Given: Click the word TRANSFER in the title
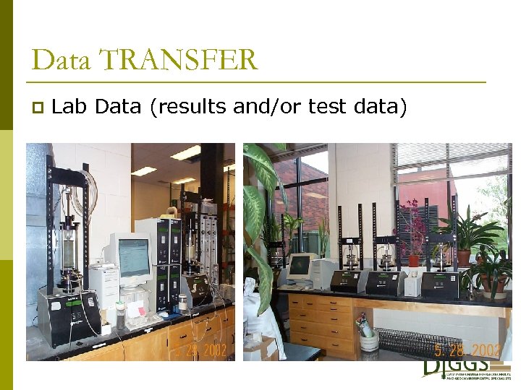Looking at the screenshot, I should tap(178, 60).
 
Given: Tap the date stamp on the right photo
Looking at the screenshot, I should tap(467, 350).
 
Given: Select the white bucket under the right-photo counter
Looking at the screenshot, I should tap(368, 339).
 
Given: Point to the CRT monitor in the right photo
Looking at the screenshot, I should tap(300, 266).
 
